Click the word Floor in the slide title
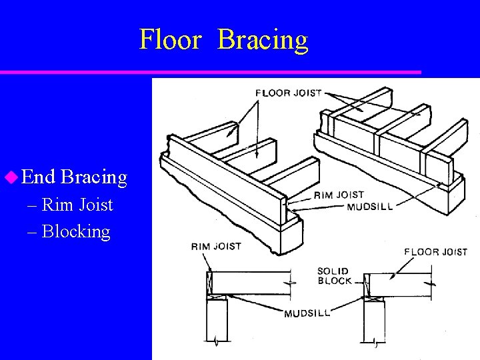point(170,39)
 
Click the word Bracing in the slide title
point(263,40)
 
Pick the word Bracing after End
point(93,177)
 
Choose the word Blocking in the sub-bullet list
point(76,231)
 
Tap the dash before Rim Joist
point(33,205)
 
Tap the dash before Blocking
point(33,232)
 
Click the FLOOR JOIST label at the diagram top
point(289,93)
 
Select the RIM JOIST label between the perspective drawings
point(339,195)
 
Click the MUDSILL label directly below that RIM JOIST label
point(370,206)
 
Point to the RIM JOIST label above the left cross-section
point(216,247)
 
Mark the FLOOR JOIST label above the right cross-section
point(436,251)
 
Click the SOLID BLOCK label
point(334,276)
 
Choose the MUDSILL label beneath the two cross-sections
point(307,313)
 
